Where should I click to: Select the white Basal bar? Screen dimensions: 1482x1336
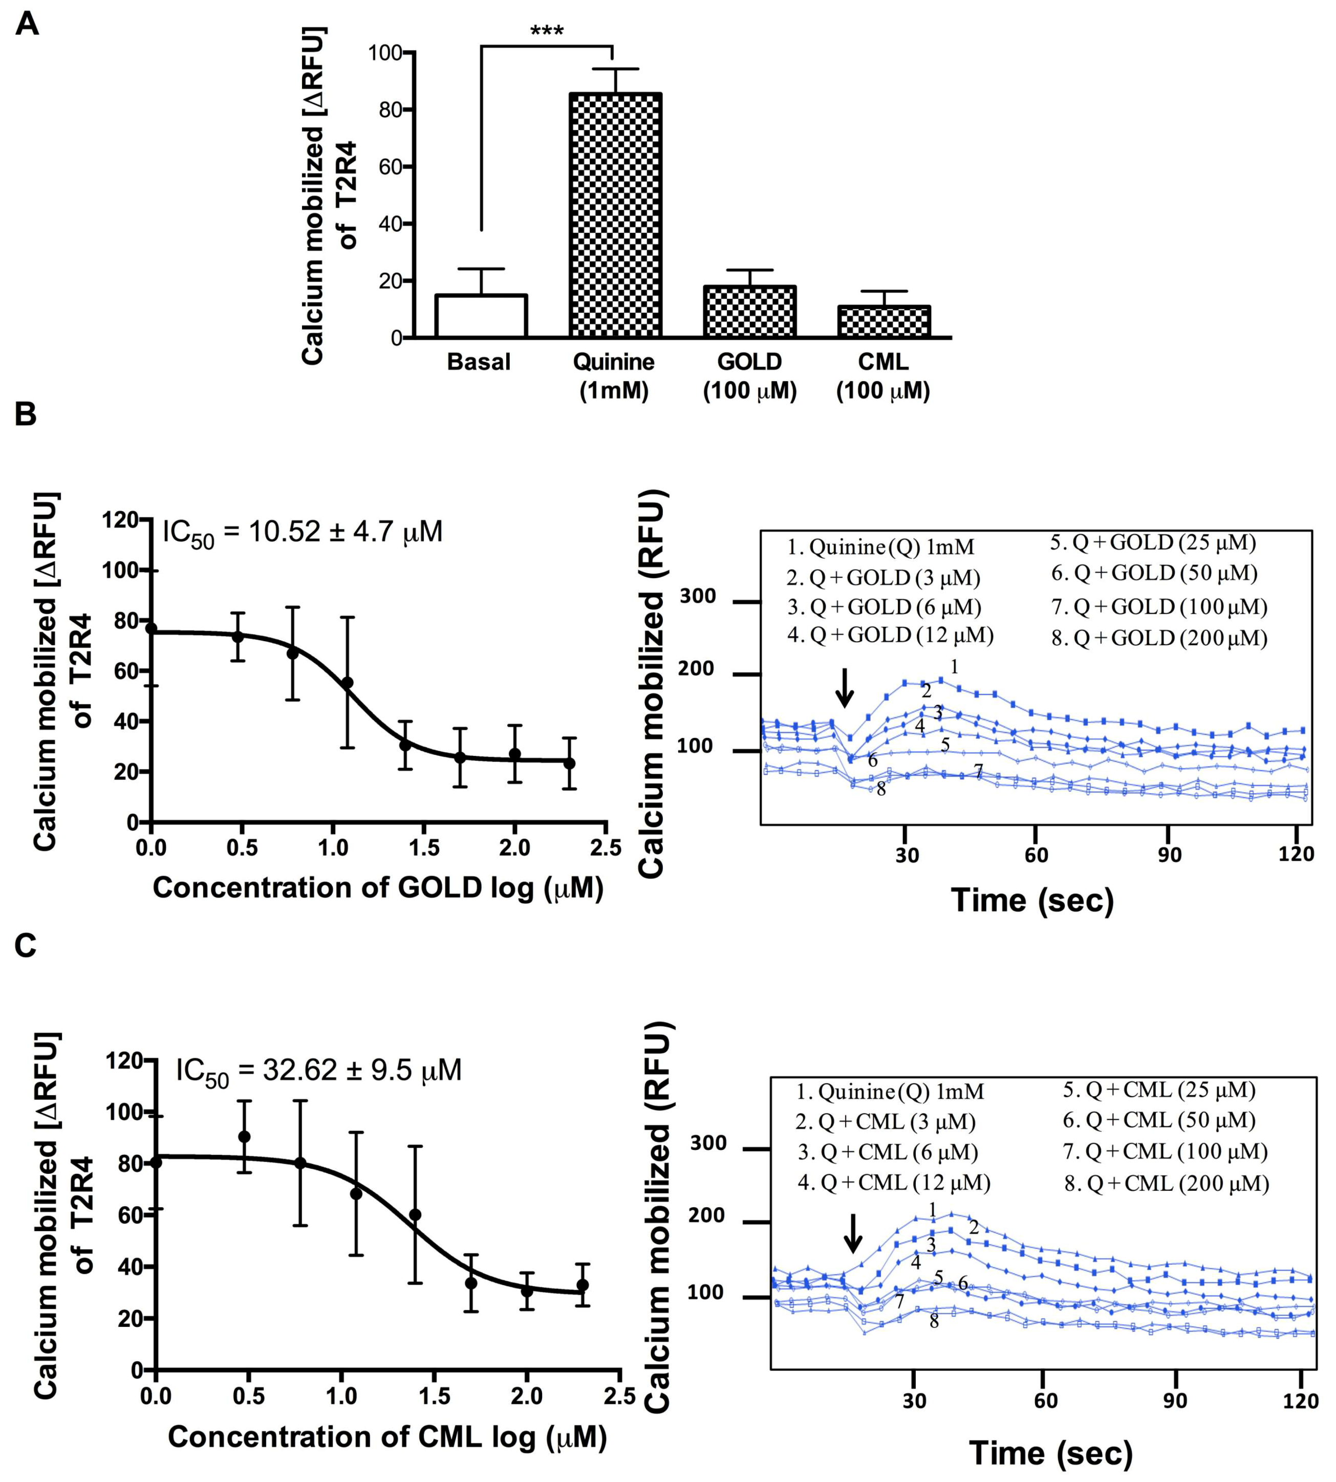tap(481, 316)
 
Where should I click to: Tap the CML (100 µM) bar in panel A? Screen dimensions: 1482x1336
tap(884, 321)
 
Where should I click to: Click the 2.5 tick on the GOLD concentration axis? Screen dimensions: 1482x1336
tap(605, 848)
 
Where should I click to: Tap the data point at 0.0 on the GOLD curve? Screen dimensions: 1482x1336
tap(151, 628)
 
